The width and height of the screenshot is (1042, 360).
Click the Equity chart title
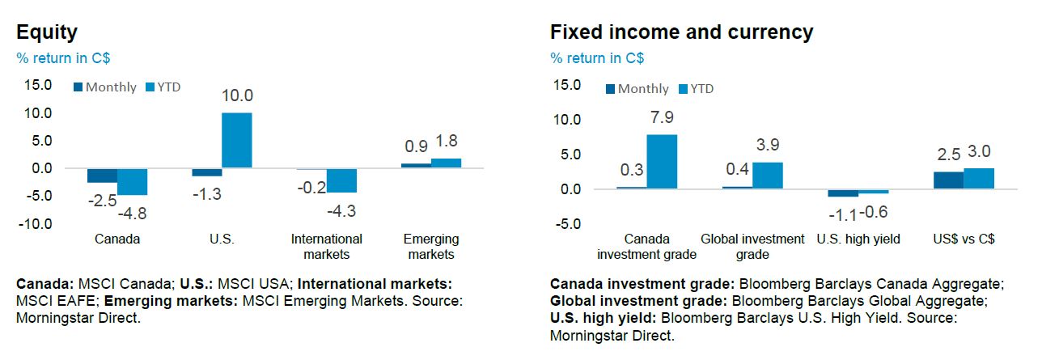click(47, 32)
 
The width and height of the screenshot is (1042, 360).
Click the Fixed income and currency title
click(681, 32)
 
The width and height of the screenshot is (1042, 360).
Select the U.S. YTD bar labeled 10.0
click(237, 141)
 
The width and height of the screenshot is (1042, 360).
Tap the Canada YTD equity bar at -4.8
click(132, 182)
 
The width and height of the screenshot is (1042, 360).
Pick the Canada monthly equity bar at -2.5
click(103, 176)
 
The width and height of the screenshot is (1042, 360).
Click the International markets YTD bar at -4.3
click(341, 180)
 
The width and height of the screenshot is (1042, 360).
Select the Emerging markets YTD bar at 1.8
click(446, 163)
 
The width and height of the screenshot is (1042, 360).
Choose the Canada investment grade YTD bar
click(662, 162)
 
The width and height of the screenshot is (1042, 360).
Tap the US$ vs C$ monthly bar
click(948, 180)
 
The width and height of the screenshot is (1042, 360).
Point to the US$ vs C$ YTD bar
click(979, 179)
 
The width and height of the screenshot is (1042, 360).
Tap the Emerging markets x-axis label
click(430, 247)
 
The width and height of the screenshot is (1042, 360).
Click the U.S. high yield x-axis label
click(858, 239)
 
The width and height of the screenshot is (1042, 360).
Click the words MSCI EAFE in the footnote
click(51, 301)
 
